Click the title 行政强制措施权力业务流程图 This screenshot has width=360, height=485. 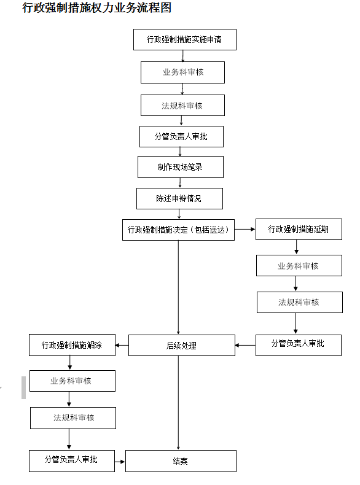tap(96, 8)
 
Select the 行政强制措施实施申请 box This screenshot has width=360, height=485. tap(185, 39)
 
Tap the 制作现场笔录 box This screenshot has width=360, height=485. tap(181, 167)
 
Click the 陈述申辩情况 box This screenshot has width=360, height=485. tap(179, 198)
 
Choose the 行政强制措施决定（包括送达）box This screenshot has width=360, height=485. tap(178, 230)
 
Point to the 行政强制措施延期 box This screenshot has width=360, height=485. tap(299, 229)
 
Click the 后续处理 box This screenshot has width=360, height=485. tap(182, 345)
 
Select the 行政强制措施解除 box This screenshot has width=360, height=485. tap(72, 345)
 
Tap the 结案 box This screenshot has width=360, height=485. tap(181, 461)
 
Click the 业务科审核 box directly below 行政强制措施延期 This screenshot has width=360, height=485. tap(299, 265)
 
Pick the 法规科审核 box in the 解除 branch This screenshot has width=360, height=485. tap(73, 418)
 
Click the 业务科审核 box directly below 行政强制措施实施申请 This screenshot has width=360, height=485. tap(182, 72)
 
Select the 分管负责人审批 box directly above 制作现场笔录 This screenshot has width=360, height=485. tap(181, 136)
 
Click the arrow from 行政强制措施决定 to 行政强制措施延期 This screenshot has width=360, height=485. tap(245, 229)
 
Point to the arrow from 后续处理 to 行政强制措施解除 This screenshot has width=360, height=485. tap(122, 345)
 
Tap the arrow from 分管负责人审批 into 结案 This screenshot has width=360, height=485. tap(120, 462)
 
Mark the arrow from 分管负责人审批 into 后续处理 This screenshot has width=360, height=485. tap(245, 345)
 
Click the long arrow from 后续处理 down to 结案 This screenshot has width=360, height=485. tap(178, 403)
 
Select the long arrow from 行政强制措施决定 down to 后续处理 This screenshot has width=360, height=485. tap(178, 287)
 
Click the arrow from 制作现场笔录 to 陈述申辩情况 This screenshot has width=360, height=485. tap(180, 183)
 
